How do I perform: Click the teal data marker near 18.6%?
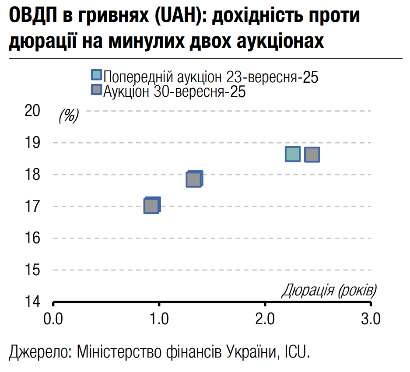tap(292, 154)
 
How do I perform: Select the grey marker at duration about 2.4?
tap(312, 154)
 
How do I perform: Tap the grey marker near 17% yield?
tap(151, 206)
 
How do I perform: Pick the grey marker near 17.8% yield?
tap(193, 179)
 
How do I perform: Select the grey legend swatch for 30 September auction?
tap(96, 90)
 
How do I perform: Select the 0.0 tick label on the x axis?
tap(53, 319)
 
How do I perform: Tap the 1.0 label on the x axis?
tap(159, 319)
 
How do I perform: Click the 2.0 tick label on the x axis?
tap(265, 319)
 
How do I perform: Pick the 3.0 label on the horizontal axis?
tap(371, 319)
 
